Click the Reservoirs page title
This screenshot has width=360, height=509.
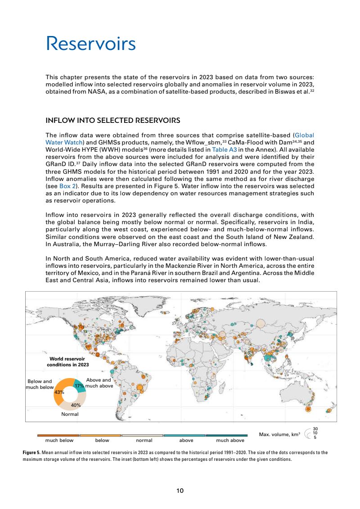pyautogui.click(x=90, y=44)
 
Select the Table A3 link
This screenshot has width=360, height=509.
pyautogui.click(x=222, y=150)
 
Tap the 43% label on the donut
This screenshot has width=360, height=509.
pyautogui.click(x=59, y=392)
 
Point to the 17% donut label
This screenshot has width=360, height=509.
pyautogui.click(x=80, y=386)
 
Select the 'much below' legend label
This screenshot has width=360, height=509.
pyautogui.click(x=59, y=441)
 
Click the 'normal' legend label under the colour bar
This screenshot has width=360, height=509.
pyautogui.click(x=144, y=441)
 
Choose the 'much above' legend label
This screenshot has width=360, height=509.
pyautogui.click(x=230, y=441)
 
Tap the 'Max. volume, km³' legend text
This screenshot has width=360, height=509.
pyautogui.click(x=279, y=434)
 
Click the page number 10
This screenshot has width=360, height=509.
pyautogui.click(x=180, y=491)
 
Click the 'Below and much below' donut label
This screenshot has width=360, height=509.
pyautogui.click(x=40, y=384)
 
